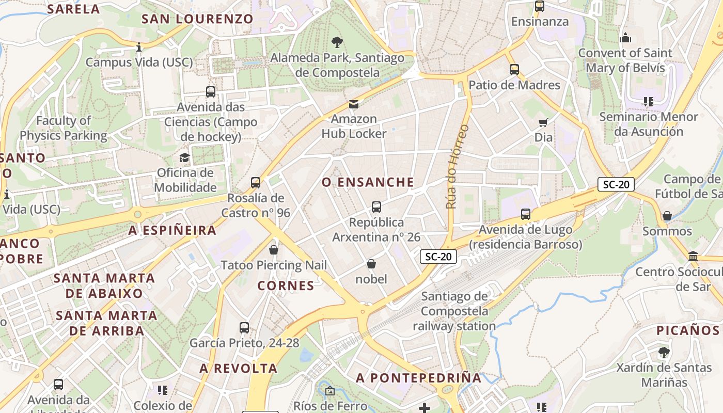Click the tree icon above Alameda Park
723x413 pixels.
tap(337, 42)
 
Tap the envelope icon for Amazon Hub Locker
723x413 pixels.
tap(354, 104)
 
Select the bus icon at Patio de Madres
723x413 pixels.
tap(514, 70)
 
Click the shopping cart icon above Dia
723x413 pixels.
tap(543, 122)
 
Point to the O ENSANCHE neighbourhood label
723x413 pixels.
tap(368, 182)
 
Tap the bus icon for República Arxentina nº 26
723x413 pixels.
tap(376, 207)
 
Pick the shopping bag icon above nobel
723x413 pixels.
tap(371, 264)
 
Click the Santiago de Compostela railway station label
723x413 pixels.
tap(454, 311)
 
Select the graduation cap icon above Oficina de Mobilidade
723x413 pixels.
tap(184, 157)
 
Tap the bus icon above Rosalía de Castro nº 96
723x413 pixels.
tap(256, 182)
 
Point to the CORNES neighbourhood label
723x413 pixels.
tap(286, 285)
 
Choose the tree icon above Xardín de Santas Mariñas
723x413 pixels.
tap(664, 353)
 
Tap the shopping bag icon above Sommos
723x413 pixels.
tap(667, 216)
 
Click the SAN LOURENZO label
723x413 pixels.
tap(197, 19)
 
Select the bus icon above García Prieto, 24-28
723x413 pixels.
tap(244, 327)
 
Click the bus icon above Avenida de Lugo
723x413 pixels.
tap(526, 214)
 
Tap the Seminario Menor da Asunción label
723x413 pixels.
tap(648, 124)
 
